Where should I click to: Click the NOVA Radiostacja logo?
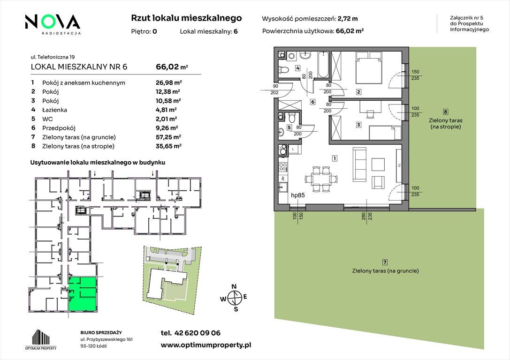coord(53,24)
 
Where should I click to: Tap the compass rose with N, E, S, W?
coord(234,298)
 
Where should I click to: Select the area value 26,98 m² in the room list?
coord(168,82)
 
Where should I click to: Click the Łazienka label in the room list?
coord(54,110)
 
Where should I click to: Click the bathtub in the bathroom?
coord(323,64)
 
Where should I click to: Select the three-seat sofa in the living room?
coord(360,165)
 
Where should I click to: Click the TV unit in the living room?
coord(398,165)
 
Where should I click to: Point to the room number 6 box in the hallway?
coord(312,102)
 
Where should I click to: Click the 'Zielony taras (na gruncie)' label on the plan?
coord(385,270)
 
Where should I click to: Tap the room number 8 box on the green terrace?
coord(446,112)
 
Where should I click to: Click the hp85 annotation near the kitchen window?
coord(297,195)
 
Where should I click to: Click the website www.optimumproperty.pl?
coord(206,345)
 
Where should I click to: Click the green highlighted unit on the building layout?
coord(82,294)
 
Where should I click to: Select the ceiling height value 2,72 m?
coord(348,19)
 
